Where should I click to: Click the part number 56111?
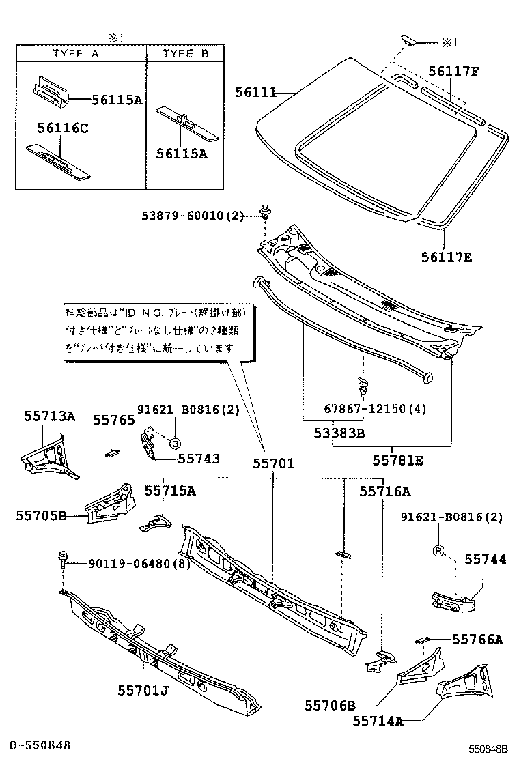click(256, 91)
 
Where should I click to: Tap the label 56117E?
click(445, 257)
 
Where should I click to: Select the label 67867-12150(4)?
click(376, 409)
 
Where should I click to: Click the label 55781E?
click(397, 461)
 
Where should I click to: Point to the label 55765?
click(114, 420)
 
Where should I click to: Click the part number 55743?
click(199, 459)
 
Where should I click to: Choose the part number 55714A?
click(378, 721)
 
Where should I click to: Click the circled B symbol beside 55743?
click(176, 442)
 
